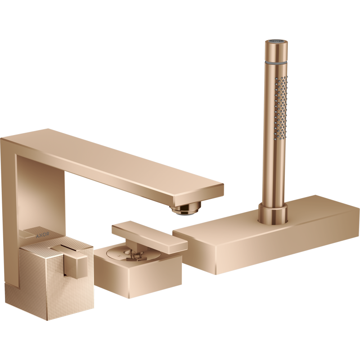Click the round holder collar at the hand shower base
coord(273,213)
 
